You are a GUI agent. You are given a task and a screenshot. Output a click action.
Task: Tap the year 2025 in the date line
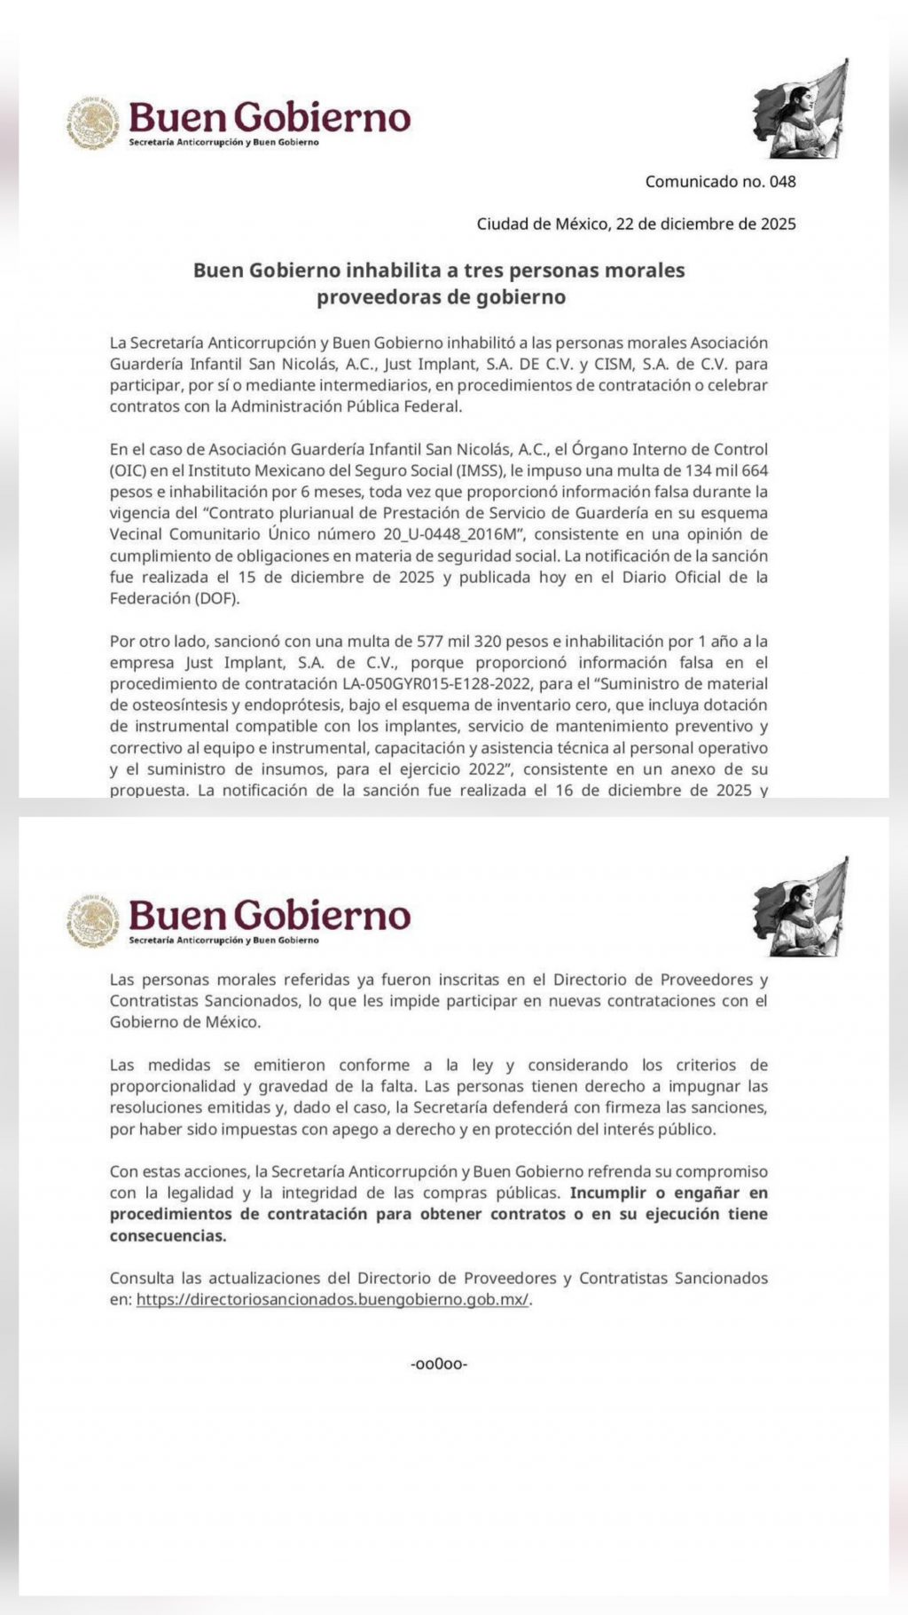(x=778, y=224)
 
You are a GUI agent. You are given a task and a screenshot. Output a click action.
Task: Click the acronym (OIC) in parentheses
(x=128, y=470)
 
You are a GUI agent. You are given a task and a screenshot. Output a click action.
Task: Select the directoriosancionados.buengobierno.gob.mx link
(x=333, y=1300)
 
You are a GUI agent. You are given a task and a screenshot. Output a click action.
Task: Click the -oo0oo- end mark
(x=439, y=1364)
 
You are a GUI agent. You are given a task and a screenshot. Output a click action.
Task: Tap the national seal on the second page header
(x=92, y=922)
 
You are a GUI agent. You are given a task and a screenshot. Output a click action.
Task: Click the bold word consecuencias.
(x=168, y=1236)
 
